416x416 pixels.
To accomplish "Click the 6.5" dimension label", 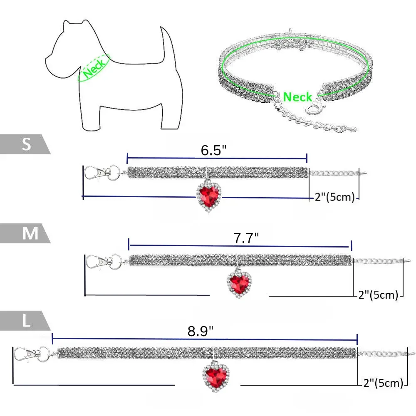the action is tap(213, 150).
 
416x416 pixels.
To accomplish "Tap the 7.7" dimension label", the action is tap(246, 238).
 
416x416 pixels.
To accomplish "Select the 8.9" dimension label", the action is tap(201, 331).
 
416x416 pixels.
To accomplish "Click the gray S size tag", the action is tap(25, 144).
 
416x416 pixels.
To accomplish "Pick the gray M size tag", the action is tap(25, 233).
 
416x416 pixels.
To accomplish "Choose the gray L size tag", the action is tap(25, 320).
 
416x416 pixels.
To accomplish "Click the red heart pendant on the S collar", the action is tap(209, 196).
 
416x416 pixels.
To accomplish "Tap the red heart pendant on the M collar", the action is tap(239, 283).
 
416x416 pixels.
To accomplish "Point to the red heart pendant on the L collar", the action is tap(215, 376).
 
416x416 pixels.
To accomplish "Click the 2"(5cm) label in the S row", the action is tap(335, 197).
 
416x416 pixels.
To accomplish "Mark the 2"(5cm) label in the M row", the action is tap(378, 295).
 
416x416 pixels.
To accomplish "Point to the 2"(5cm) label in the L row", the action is tap(383, 383).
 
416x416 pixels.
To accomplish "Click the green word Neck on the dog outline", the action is tap(94, 68).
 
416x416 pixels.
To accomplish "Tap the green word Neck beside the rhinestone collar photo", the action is tap(297, 97).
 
